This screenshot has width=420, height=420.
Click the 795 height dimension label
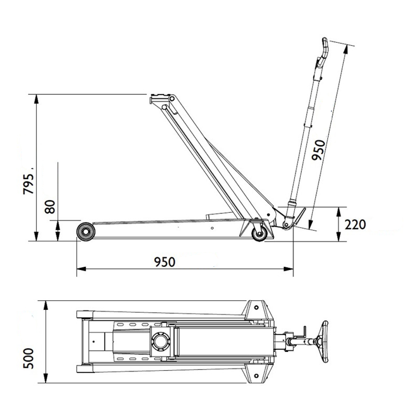pyautogui.click(x=28, y=184)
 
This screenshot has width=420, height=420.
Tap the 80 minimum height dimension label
pyautogui.click(x=50, y=207)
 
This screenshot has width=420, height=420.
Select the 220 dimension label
pyautogui.click(x=355, y=224)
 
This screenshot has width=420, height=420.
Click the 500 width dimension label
pyautogui.click(x=28, y=359)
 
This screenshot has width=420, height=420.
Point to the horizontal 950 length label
pyautogui.click(x=165, y=262)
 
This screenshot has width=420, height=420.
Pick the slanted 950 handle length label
pyautogui.click(x=319, y=150)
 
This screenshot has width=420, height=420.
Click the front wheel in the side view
pyautogui.click(x=86, y=232)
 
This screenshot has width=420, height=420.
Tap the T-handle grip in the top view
pyautogui.click(x=325, y=342)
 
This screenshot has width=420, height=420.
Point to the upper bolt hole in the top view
pyautogui.click(x=256, y=307)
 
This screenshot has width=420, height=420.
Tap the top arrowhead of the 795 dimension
pyautogui.click(x=37, y=99)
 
